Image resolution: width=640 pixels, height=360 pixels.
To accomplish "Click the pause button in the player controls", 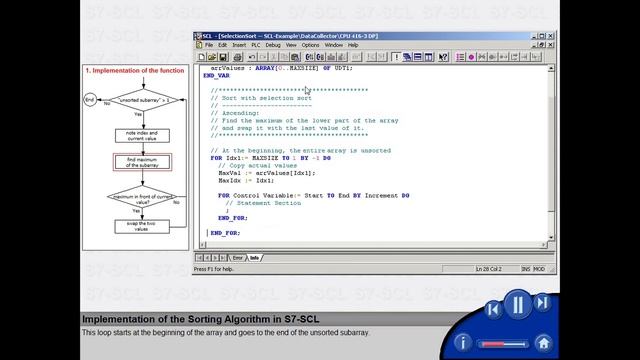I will point(517,304).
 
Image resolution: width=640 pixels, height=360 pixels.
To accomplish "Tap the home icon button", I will point(543,342).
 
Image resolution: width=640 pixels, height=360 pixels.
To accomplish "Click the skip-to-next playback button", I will point(542,303).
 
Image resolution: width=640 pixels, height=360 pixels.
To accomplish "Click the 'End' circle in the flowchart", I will point(90,100).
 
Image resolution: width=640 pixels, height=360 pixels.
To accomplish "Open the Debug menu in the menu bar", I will point(273,45).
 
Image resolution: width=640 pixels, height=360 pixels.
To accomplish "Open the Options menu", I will point(310,45).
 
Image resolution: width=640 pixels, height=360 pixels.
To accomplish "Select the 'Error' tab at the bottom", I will point(237,258).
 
